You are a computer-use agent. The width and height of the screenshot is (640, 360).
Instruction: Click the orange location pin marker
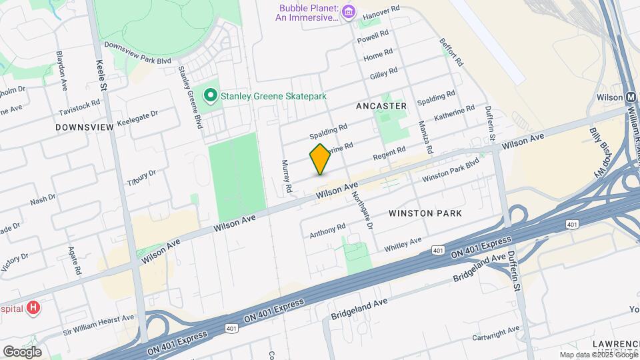320,159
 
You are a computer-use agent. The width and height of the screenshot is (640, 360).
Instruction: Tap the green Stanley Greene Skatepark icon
211,96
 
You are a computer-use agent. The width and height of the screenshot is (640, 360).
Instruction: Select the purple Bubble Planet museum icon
349,12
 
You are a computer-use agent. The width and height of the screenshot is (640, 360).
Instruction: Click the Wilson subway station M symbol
631,97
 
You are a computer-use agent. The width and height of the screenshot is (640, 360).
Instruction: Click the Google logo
21,351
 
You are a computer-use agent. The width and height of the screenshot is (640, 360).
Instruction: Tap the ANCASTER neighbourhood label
381,106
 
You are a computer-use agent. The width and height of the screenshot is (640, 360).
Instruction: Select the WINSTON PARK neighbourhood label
425,213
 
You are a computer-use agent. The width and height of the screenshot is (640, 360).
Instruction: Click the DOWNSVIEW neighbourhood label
85,127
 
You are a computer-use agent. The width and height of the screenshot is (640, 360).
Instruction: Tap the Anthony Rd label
327,231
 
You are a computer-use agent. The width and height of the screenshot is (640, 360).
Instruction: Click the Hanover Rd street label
381,11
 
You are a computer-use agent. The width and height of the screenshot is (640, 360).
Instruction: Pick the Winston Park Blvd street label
451,169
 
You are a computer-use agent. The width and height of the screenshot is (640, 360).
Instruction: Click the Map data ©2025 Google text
597,355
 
